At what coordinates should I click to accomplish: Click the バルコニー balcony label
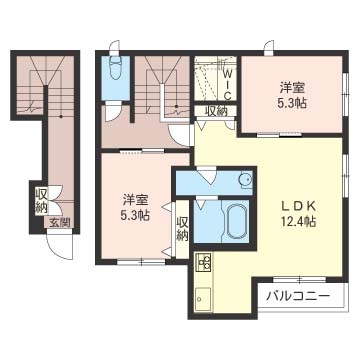[298, 295]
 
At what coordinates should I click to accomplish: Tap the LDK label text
[299, 206]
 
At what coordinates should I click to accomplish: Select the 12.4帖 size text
[299, 221]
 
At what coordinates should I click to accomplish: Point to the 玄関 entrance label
[60, 222]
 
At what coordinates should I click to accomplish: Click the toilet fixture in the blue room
[115, 67]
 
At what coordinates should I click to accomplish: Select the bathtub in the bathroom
[236, 220]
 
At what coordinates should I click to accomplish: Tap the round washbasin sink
[245, 180]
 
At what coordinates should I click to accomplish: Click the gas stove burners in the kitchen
[203, 262]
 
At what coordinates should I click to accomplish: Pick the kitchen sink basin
[203, 298]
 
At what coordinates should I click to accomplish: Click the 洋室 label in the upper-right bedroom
[292, 88]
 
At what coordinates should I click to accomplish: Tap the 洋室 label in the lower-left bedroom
[135, 200]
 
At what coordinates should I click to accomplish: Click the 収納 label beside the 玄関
[42, 201]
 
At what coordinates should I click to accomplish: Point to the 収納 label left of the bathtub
[182, 228]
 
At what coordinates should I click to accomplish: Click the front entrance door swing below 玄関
[60, 247]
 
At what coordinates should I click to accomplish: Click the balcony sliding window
[299, 279]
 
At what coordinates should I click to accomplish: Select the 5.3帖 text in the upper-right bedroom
[292, 103]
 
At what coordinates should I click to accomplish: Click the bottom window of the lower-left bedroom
[141, 262]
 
